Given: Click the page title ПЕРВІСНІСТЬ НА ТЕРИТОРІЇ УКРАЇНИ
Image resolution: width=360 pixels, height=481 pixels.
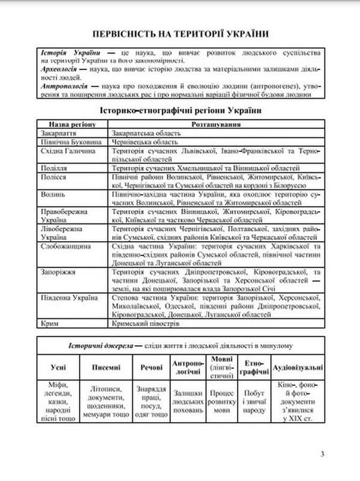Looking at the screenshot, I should point(180,33).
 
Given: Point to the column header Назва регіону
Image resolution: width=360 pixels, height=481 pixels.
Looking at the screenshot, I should point(72,124).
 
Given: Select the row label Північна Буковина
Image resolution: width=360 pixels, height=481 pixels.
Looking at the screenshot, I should point(70,143).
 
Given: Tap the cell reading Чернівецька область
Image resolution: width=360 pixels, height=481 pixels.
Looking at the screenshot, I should point(147,143).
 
